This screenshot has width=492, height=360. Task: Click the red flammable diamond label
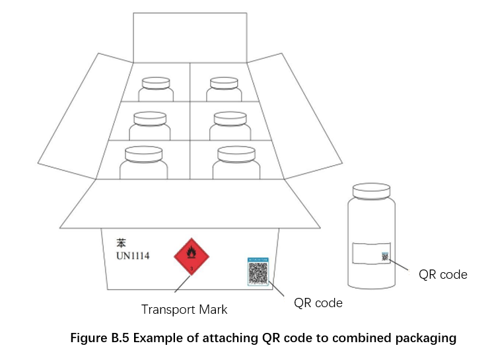point(190,256)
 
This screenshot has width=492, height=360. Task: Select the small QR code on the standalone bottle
point(384,256)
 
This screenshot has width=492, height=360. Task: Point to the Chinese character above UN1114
point(121,242)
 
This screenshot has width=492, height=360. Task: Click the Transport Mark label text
point(184,309)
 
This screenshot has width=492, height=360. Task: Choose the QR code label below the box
point(318,303)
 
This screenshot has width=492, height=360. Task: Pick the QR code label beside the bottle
point(443,274)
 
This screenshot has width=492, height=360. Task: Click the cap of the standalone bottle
point(371,190)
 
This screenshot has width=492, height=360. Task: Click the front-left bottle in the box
point(143,162)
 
